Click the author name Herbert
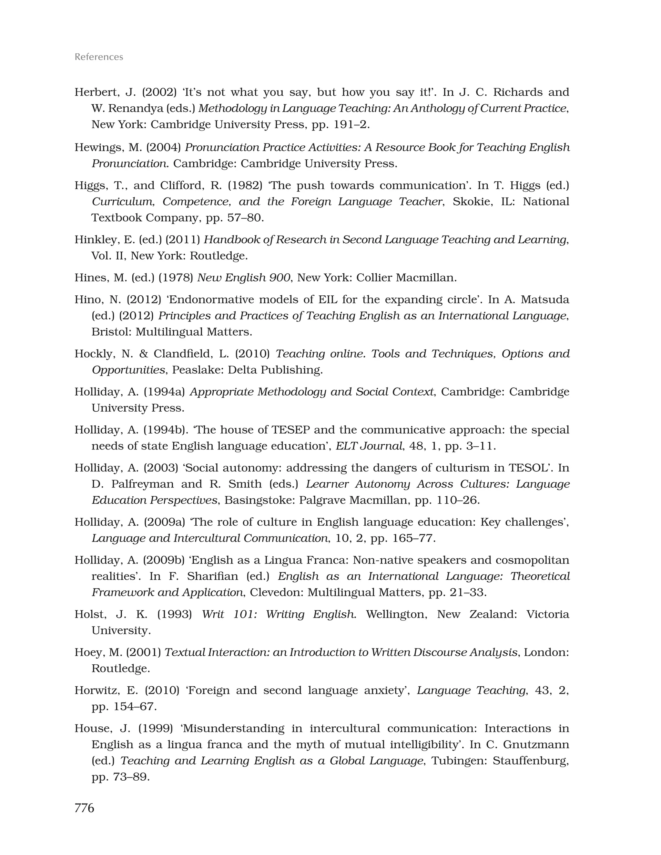pyautogui.click(x=97, y=92)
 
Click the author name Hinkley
pyautogui.click(x=96, y=239)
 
